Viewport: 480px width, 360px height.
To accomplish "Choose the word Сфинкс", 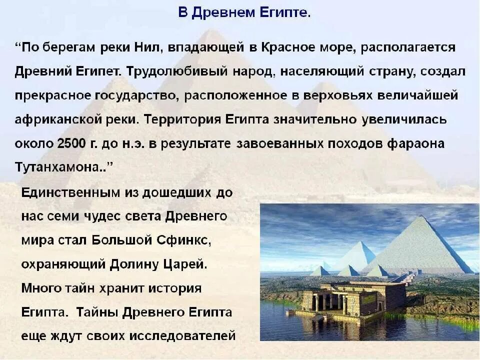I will (186, 240).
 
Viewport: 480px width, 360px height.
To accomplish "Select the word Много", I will (41, 288).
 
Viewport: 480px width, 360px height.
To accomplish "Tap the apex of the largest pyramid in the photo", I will (424, 216).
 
